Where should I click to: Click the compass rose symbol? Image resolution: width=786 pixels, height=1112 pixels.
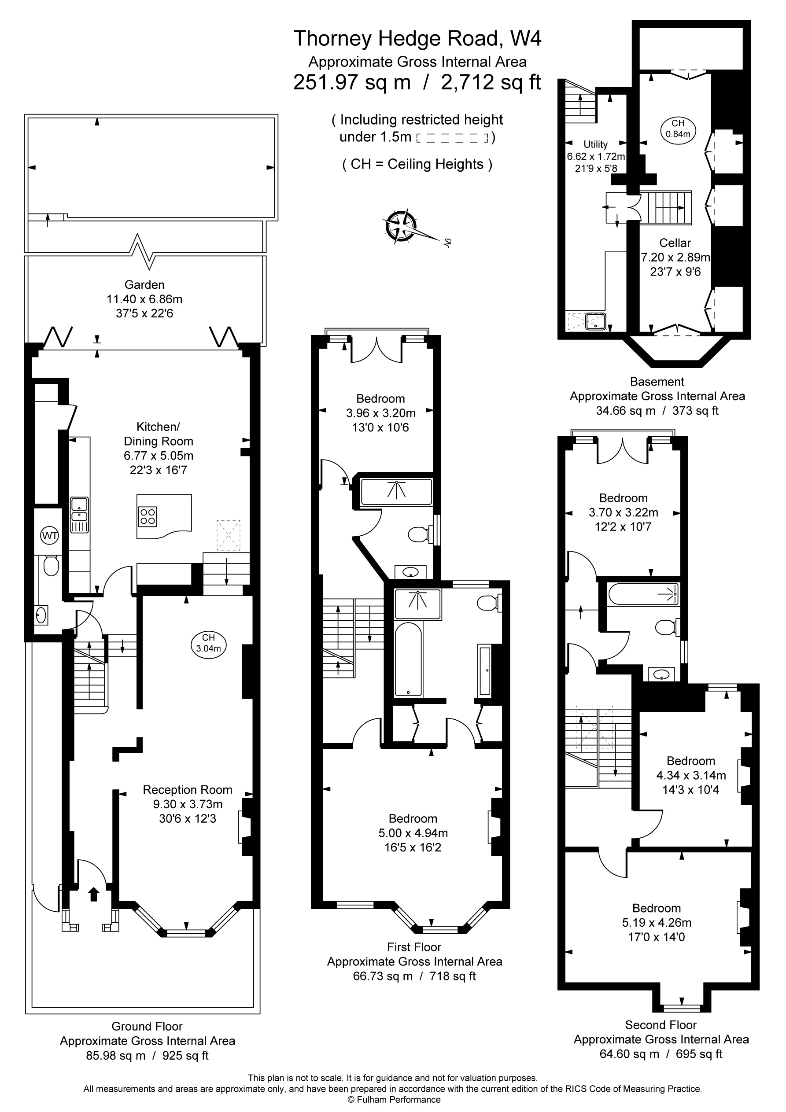pos(401,226)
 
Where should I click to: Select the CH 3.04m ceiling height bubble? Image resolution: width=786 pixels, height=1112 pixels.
pos(208,643)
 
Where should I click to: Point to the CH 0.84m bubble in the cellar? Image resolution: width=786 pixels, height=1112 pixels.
pos(678,129)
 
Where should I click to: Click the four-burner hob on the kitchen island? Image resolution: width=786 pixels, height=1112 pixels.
pos(148,516)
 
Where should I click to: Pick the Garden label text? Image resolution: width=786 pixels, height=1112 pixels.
pos(144,285)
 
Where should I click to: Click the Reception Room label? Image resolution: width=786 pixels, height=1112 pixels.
pos(188,790)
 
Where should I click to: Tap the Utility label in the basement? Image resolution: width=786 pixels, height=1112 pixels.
pos(596,144)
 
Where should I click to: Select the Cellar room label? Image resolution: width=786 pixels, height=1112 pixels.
pos(675,243)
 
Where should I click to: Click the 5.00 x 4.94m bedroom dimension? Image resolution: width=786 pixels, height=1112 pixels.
pos(413,833)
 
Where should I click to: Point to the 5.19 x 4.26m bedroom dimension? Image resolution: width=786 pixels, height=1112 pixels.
pos(657,923)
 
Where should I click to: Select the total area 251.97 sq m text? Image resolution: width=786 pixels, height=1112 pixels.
pos(352,82)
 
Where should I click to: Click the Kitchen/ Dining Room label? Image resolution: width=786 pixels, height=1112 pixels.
pos(159,434)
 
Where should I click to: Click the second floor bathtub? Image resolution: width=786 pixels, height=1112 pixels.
pos(643,594)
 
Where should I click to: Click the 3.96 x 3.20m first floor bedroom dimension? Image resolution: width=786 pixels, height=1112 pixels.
pos(380,413)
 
